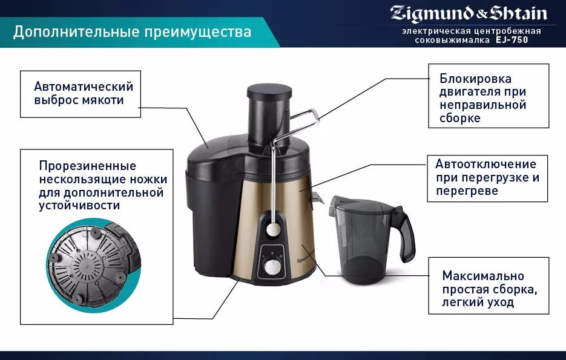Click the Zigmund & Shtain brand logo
tap(469, 13)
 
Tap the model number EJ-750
tap(513, 40)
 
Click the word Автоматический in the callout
tap(84, 87)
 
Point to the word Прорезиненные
tap(87, 166)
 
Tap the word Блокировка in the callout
tap(475, 79)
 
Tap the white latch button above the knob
tap(274, 229)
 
